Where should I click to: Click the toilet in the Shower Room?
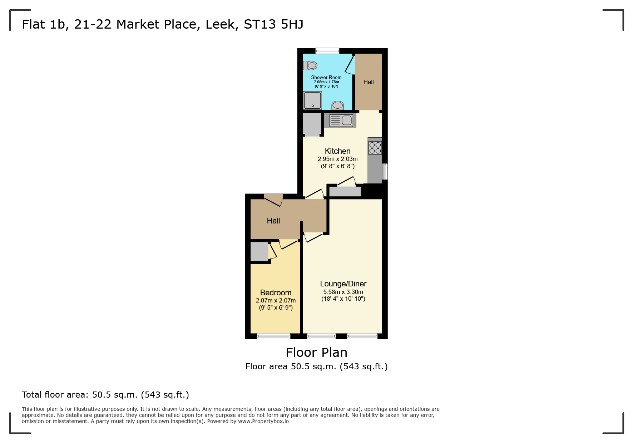310,65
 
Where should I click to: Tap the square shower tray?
313,100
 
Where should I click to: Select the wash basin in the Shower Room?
338,105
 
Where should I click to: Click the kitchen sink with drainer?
341,120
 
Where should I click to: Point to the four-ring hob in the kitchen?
375,148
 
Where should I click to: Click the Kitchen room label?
337,151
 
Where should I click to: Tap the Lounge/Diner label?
343,284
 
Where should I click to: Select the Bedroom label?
276,293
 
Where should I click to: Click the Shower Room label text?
326,77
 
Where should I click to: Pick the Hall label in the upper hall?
369,82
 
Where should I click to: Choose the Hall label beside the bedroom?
273,221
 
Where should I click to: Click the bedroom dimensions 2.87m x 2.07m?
276,301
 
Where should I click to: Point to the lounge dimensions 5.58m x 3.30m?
343,292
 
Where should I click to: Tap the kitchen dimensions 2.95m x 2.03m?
337,159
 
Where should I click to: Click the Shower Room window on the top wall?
327,51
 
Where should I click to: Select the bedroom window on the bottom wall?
274,336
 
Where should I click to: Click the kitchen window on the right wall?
385,171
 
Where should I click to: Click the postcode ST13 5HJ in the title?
273,24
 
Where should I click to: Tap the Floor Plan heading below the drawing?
316,353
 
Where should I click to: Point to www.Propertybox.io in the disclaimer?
263,421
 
